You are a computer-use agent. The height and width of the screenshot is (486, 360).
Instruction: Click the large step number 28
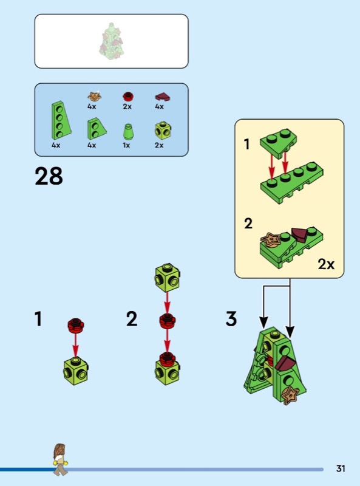click(49, 176)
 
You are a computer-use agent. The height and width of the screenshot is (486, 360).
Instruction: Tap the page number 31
click(341, 468)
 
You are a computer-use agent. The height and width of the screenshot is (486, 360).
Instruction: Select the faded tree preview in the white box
click(111, 41)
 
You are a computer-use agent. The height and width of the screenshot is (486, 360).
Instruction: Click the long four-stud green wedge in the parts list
click(61, 120)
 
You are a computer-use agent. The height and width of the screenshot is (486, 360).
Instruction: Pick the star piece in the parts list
click(95, 96)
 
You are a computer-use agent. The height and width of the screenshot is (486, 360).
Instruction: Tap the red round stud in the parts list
click(127, 97)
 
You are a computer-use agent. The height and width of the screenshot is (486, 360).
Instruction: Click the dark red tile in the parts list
click(162, 97)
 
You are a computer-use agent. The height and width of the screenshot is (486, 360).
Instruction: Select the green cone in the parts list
click(127, 132)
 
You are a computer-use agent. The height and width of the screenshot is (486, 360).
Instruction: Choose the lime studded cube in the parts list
click(163, 131)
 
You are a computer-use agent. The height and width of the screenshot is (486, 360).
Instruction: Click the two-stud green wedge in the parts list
click(97, 129)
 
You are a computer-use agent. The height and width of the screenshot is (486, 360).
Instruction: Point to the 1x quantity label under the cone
click(126, 145)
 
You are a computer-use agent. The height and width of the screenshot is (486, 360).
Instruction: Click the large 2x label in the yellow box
click(326, 264)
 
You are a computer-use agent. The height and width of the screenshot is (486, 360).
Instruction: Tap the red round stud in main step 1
click(76, 325)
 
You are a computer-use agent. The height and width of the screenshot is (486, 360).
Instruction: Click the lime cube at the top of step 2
click(168, 278)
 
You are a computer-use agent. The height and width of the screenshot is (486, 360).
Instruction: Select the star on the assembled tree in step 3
click(290, 395)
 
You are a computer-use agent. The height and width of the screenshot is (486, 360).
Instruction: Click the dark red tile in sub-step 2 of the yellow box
click(299, 235)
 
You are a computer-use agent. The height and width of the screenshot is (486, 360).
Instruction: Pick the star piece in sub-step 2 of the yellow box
click(271, 240)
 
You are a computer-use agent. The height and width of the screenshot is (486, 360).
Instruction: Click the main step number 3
click(231, 318)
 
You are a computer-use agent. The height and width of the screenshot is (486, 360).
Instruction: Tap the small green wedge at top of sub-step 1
click(278, 142)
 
